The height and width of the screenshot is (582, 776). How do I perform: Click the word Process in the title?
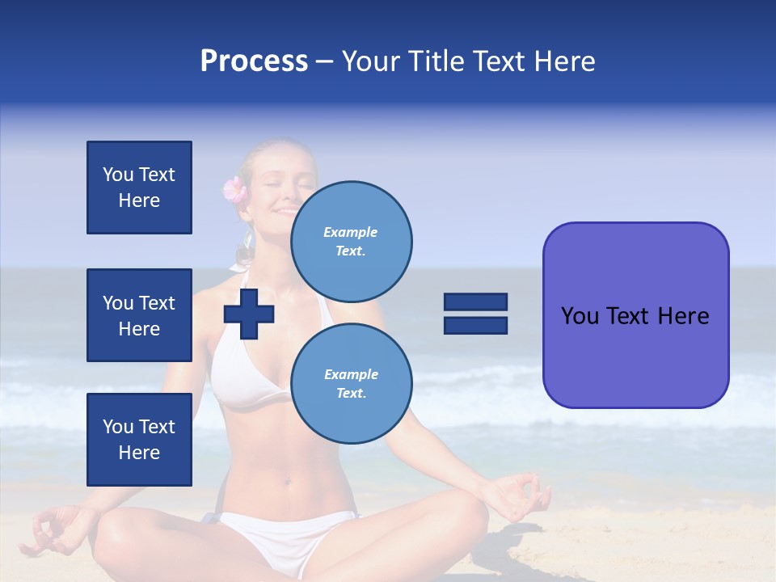pyautogui.click(x=254, y=61)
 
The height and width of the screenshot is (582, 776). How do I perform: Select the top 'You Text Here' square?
pyautogui.click(x=139, y=188)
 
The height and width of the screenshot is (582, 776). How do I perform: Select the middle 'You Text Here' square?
pyautogui.click(x=139, y=315)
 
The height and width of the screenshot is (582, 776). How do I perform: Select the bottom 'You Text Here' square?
pyautogui.click(x=139, y=439)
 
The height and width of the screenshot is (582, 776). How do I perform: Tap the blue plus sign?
pyautogui.click(x=249, y=314)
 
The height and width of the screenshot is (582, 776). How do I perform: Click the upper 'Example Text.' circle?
pyautogui.click(x=351, y=242)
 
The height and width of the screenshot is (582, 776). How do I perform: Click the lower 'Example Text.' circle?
pyautogui.click(x=351, y=384)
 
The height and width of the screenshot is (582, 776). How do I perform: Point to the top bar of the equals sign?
pyautogui.click(x=475, y=302)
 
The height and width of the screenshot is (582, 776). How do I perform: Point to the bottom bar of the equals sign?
pyautogui.click(x=475, y=326)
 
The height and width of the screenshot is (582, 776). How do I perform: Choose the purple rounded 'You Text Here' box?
pyautogui.click(x=635, y=315)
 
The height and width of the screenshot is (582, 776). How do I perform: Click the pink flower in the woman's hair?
pyautogui.click(x=234, y=190)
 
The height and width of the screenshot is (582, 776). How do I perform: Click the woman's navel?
pyautogui.click(x=288, y=483)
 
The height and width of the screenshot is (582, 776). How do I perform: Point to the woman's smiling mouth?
pyautogui.click(x=288, y=212)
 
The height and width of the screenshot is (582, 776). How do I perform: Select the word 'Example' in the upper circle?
pyautogui.click(x=351, y=233)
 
